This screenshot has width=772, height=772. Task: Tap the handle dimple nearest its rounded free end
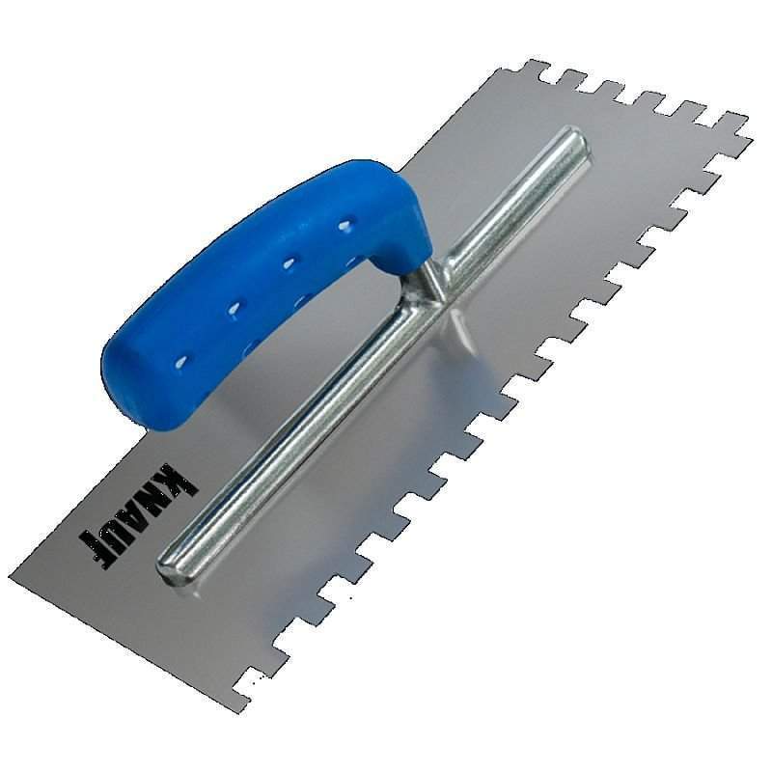click(183, 361)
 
